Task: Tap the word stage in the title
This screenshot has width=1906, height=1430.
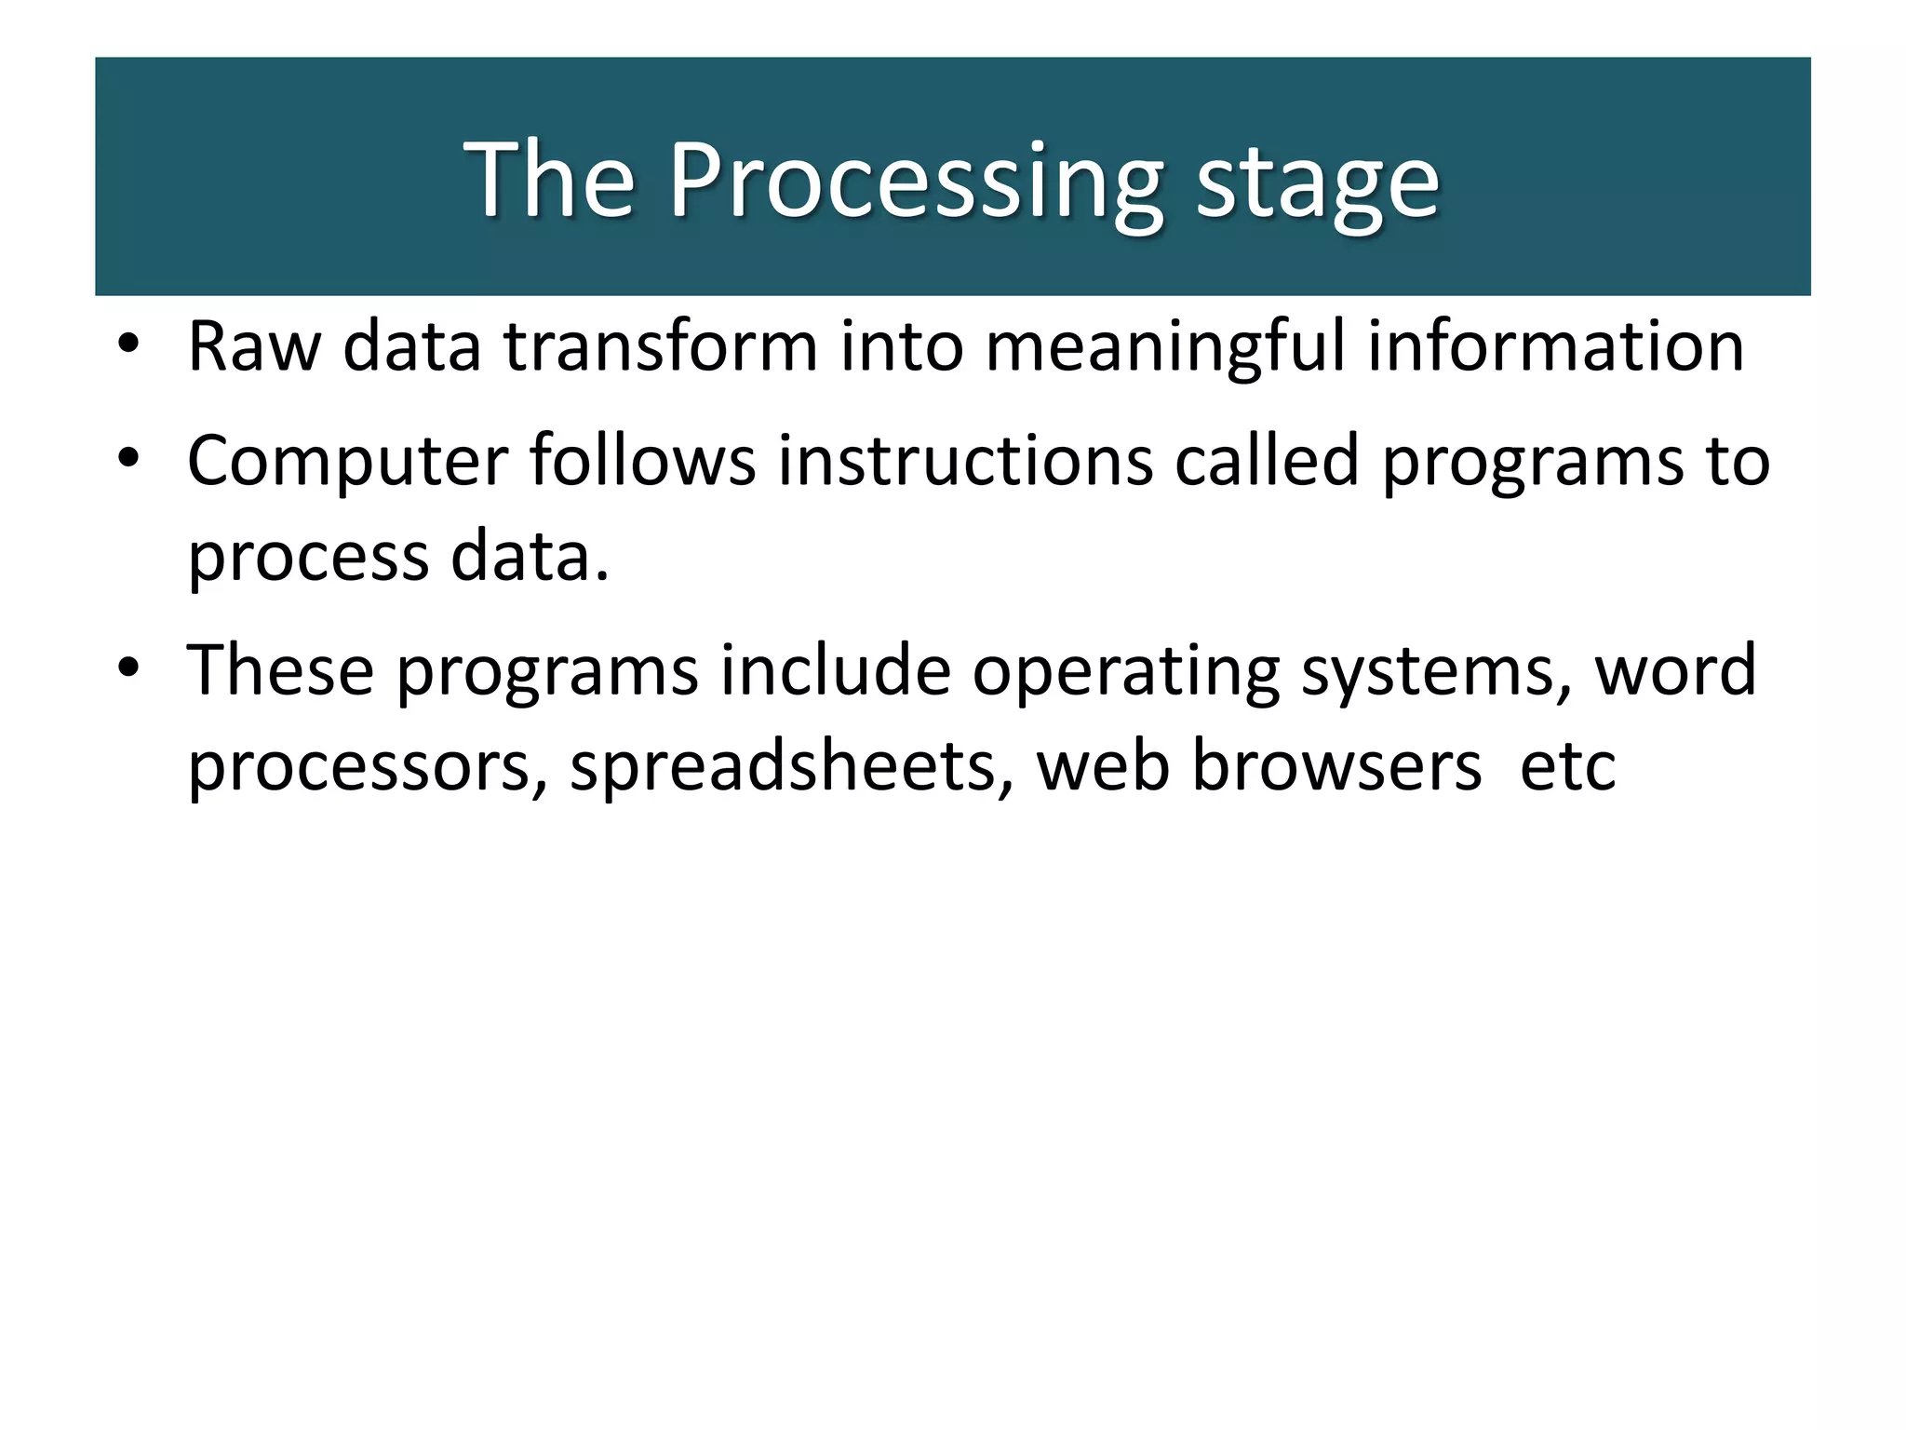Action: (x=1317, y=182)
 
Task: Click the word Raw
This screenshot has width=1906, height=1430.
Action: (x=254, y=346)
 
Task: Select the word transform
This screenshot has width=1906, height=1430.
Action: (x=660, y=346)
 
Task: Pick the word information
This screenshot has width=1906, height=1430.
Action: (x=1555, y=346)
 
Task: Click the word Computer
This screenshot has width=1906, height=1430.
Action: (x=347, y=462)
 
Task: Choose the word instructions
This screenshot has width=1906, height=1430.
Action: (x=965, y=460)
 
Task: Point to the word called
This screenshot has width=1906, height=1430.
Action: (x=1267, y=460)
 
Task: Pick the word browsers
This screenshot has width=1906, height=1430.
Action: (x=1336, y=765)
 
